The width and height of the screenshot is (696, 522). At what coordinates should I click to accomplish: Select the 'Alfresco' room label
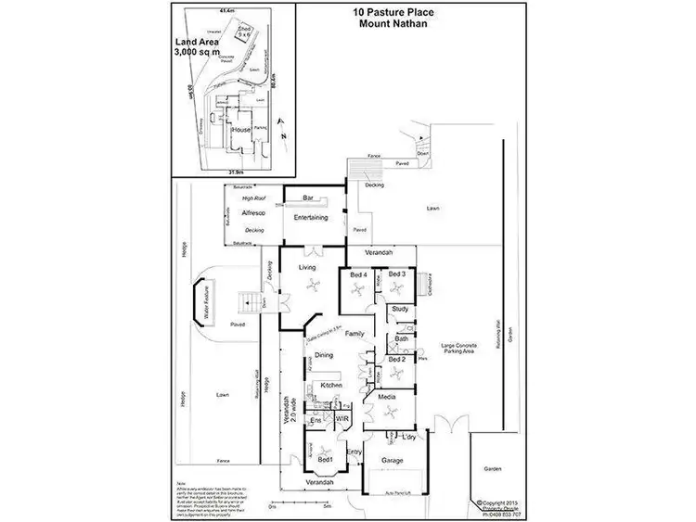pyautogui.click(x=253, y=212)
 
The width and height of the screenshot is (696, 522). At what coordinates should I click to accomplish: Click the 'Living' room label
pyautogui.click(x=307, y=268)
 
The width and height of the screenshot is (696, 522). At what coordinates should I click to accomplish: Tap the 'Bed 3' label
pyautogui.click(x=397, y=274)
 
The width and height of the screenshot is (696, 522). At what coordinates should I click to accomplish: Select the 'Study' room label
pyautogui.click(x=400, y=309)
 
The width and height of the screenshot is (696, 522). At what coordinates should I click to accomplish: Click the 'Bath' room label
pyautogui.click(x=401, y=339)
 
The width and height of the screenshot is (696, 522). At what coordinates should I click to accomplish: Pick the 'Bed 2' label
pyautogui.click(x=397, y=360)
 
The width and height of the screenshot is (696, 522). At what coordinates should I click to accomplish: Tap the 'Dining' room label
pyautogui.click(x=323, y=355)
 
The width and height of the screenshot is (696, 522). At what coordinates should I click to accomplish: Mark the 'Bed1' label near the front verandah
pyautogui.click(x=325, y=459)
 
